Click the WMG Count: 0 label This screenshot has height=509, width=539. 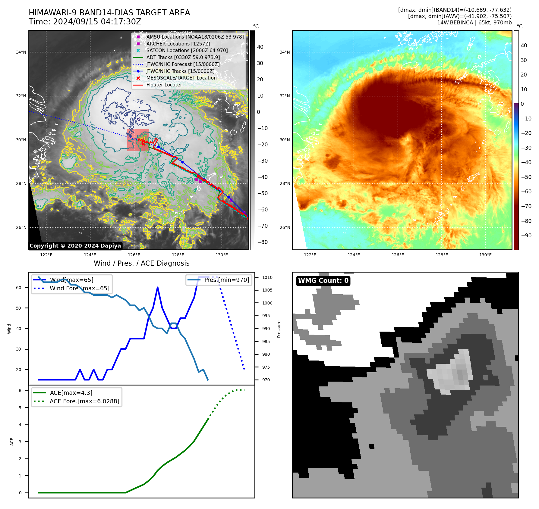tap(323, 281)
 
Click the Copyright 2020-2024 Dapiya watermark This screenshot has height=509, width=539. tap(75, 246)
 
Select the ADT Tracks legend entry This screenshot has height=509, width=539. tap(183, 57)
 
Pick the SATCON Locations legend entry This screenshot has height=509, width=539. tap(187, 50)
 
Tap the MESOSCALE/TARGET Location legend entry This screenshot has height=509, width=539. tap(181, 78)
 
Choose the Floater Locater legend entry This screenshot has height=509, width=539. tap(164, 85)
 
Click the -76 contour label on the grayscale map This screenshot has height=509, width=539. tap(138, 101)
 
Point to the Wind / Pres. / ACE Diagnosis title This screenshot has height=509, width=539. tap(141, 263)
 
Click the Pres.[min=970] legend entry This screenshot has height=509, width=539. tap(226, 280)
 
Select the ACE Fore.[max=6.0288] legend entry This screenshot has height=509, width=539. tap(84, 401)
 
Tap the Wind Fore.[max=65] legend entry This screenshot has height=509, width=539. tap(79, 288)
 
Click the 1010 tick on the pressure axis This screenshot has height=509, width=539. tap(267, 277)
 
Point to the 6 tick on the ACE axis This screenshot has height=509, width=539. tap(20, 391)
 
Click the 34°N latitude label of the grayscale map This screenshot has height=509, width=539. tap(21, 52)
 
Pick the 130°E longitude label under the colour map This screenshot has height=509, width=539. tap(485, 255)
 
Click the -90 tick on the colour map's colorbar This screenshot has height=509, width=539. tap(526, 236)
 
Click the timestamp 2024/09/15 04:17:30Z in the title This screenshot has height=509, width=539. tap(97, 22)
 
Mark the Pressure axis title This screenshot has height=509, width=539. tap(279, 329)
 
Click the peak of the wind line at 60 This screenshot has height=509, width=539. tap(158, 288)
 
